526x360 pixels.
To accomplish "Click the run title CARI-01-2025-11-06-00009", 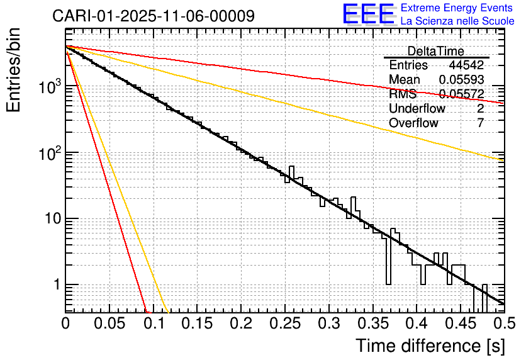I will pyautogui.click(x=154, y=16).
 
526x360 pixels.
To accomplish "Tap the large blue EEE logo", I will pyautogui.click(x=368, y=14).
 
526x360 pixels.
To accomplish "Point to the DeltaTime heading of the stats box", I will pyautogui.click(x=435, y=51).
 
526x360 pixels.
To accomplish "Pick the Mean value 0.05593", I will pyautogui.click(x=461, y=80).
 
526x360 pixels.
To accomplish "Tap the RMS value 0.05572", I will pyautogui.click(x=461, y=94).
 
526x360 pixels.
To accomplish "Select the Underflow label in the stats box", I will pyautogui.click(x=417, y=109).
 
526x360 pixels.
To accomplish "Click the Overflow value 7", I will pyautogui.click(x=480, y=123).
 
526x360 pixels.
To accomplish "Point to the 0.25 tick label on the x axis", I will pyautogui.click(x=284, y=323).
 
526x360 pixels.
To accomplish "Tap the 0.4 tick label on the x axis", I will pyautogui.click(x=417, y=323).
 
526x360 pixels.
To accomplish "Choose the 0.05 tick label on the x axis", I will pyautogui.click(x=109, y=323).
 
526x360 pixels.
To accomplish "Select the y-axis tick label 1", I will pyautogui.click(x=55, y=284).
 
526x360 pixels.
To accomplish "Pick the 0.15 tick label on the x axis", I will pyautogui.click(x=197, y=323).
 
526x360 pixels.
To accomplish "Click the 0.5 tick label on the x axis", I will pyautogui.click(x=503, y=323).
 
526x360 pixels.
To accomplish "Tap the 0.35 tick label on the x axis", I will pyautogui.click(x=372, y=323).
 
